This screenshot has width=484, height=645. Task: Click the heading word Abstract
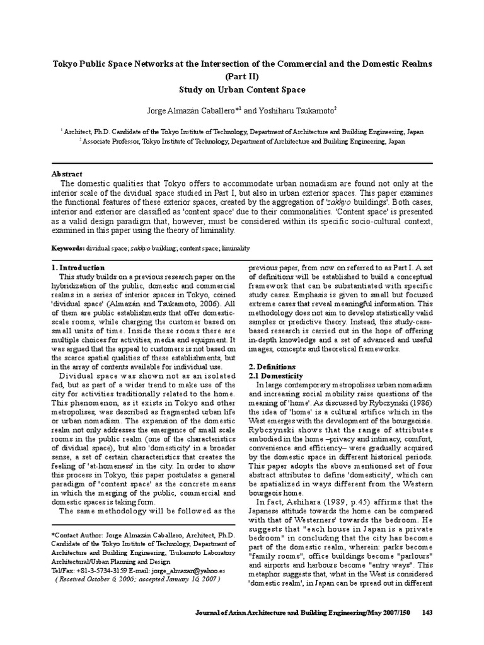pyautogui.click(x=66, y=174)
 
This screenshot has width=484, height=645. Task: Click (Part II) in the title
pyautogui.click(x=242, y=76)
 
